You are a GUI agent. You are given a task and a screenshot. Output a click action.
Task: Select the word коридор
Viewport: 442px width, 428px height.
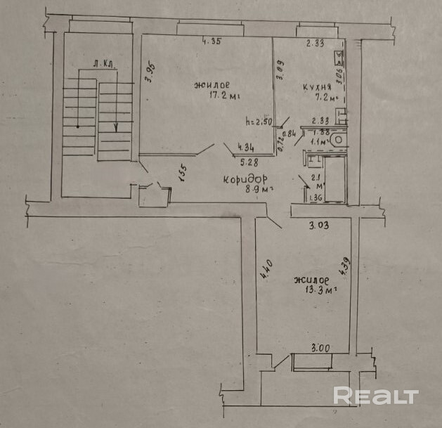[247, 179]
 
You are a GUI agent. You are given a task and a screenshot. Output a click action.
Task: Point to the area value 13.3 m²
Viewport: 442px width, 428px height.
[316, 288]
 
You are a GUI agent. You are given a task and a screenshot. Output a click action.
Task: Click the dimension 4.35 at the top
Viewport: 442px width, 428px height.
[212, 41]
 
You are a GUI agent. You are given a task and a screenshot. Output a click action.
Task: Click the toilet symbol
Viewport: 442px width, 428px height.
[338, 140]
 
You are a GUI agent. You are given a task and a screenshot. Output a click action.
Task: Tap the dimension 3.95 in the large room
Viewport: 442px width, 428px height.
[150, 74]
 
